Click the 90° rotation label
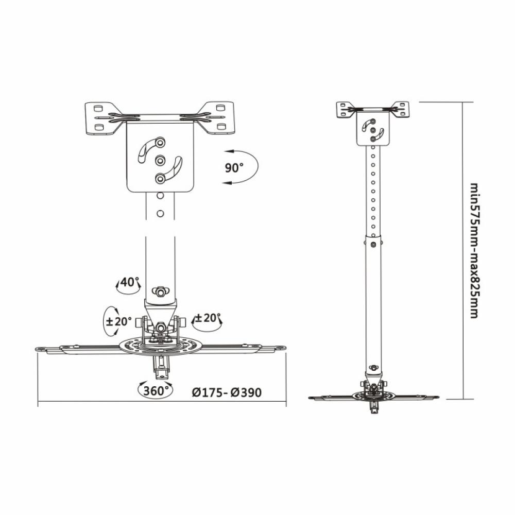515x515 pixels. coord(234,167)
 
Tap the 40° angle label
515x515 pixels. coord(130,282)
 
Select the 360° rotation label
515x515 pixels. coord(156,390)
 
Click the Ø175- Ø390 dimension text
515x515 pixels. coord(227,392)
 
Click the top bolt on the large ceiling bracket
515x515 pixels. coord(160,141)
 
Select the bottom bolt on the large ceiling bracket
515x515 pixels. coord(160,178)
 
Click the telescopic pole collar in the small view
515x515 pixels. coord(374,241)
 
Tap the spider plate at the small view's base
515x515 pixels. coord(374,397)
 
